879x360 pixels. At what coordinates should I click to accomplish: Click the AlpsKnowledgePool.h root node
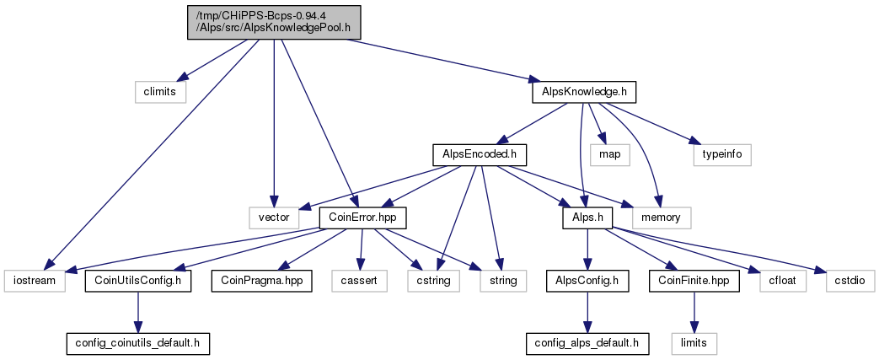274,23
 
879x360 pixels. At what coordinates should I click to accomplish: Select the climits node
160,92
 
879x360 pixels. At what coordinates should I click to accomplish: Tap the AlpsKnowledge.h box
583,92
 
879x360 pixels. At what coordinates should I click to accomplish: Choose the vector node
274,218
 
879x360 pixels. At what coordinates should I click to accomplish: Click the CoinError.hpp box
362,218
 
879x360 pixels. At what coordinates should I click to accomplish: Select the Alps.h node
587,218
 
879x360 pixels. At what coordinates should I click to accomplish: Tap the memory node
662,218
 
